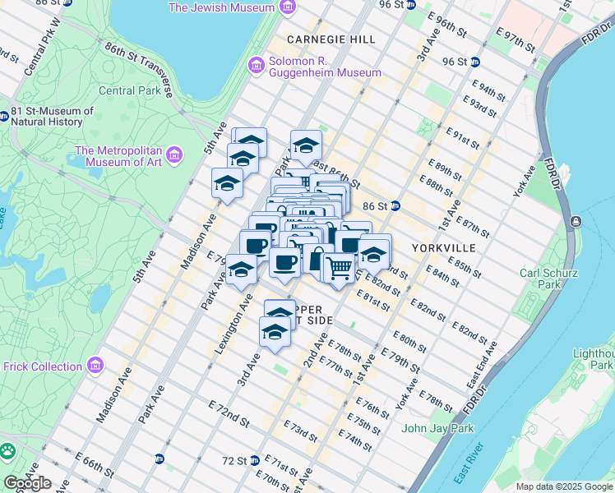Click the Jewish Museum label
(220, 7)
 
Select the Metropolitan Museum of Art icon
(173, 154)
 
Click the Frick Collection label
(42, 366)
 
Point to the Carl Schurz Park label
(548, 279)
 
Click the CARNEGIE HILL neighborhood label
(331, 39)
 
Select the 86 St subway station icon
(395, 205)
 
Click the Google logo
(27, 483)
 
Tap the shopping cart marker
(339, 267)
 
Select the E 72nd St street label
(229, 413)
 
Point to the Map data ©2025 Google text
(563, 486)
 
